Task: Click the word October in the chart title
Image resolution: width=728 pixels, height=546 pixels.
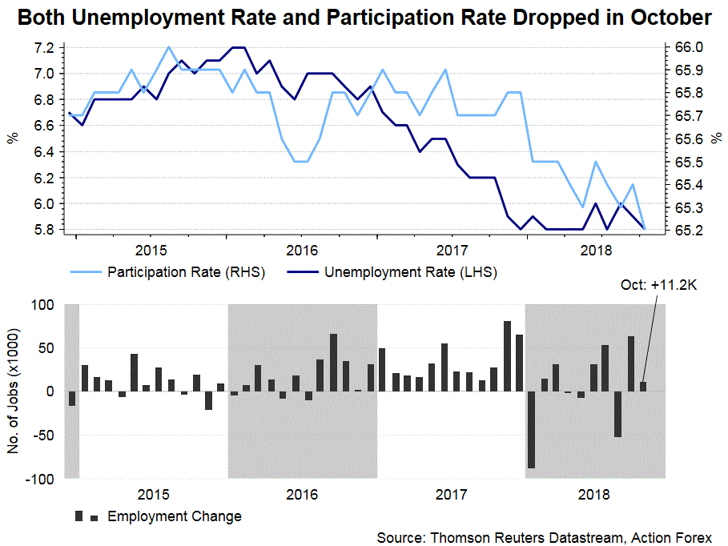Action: pyautogui.click(x=664, y=18)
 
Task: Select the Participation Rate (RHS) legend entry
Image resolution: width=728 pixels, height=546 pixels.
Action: pyautogui.click(x=186, y=272)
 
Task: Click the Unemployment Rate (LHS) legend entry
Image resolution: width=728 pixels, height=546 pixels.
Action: pyautogui.click(x=410, y=272)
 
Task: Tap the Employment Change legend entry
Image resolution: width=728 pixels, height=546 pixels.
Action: pyautogui.click(x=174, y=516)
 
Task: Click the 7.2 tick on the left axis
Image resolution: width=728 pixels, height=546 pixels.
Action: pyautogui.click(x=44, y=48)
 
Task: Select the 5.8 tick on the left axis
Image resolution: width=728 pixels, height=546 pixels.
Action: pyautogui.click(x=44, y=230)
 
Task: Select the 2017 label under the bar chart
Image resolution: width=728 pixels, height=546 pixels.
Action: pyautogui.click(x=451, y=494)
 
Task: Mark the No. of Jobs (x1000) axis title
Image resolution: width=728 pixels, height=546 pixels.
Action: pyautogui.click(x=14, y=391)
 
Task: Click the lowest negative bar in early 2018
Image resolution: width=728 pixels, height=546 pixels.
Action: pyautogui.click(x=531, y=430)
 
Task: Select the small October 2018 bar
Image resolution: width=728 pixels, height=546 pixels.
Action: pyautogui.click(x=642, y=387)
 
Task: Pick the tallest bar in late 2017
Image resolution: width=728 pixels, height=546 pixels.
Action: pyautogui.click(x=507, y=356)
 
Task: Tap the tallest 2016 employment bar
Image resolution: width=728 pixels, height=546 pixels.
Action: pyautogui.click(x=333, y=363)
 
